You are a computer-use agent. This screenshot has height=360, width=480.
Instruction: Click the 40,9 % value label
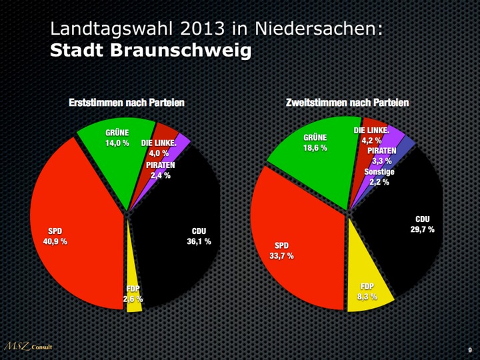(55, 241)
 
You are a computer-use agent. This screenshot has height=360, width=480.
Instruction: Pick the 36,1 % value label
(199, 241)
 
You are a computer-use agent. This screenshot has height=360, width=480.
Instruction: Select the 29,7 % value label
(422, 229)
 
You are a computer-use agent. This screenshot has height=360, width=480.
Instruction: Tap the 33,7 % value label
(281, 255)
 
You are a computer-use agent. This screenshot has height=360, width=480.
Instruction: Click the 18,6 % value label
(315, 148)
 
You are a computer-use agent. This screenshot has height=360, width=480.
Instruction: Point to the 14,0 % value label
(117, 143)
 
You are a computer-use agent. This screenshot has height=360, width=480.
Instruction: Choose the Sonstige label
(379, 172)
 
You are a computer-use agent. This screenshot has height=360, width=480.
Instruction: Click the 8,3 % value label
(367, 296)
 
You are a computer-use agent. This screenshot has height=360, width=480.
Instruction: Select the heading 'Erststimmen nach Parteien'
(127, 103)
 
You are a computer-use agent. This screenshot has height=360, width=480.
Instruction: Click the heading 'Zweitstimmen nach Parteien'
(347, 103)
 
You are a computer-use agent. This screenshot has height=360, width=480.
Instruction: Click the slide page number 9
(470, 349)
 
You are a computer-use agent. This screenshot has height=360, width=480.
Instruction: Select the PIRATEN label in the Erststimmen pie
(160, 165)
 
